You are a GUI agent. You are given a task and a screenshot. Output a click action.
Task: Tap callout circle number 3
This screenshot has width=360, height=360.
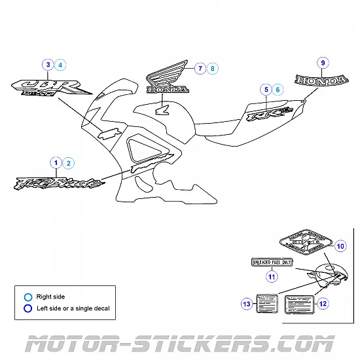pos(48,65)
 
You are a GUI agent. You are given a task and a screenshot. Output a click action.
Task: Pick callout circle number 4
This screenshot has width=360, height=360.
pos(61,65)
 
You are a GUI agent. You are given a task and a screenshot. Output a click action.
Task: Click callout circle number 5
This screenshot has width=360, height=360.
pos(266,89)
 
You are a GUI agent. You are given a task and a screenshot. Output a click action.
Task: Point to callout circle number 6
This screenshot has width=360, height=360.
pos(279,89)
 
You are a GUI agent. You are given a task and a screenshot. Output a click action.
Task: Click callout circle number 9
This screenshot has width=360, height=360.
pos(322,63)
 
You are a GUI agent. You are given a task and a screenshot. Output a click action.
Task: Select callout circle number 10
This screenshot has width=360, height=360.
pos(340,247)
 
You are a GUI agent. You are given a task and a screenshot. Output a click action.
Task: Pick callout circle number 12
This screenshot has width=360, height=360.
pos(323,303)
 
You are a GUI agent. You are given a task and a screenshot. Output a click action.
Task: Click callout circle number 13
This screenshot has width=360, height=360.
pos(247,304)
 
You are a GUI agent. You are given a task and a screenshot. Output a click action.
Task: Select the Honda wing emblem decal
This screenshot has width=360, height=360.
pos(166,80)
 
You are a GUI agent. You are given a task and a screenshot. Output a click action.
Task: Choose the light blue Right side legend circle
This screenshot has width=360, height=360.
pos(27,297)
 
